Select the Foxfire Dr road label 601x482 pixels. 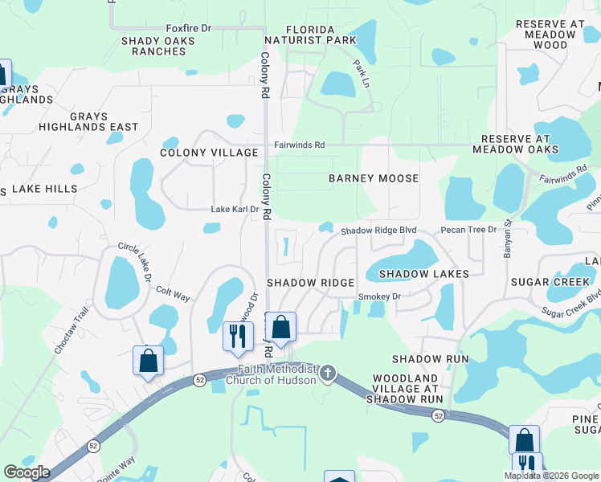pos(188,28)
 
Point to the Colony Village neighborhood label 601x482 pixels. pos(209,153)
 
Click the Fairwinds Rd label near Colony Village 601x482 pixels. pos(299,145)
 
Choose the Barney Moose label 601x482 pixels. pos(374,178)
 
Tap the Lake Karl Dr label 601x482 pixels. pos(235,210)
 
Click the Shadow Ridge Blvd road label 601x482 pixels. pos(378,231)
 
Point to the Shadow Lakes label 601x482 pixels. pos(423,274)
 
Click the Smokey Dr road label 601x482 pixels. pos(378,296)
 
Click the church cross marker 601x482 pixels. pos(327,373)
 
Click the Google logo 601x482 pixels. pos(27,472)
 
